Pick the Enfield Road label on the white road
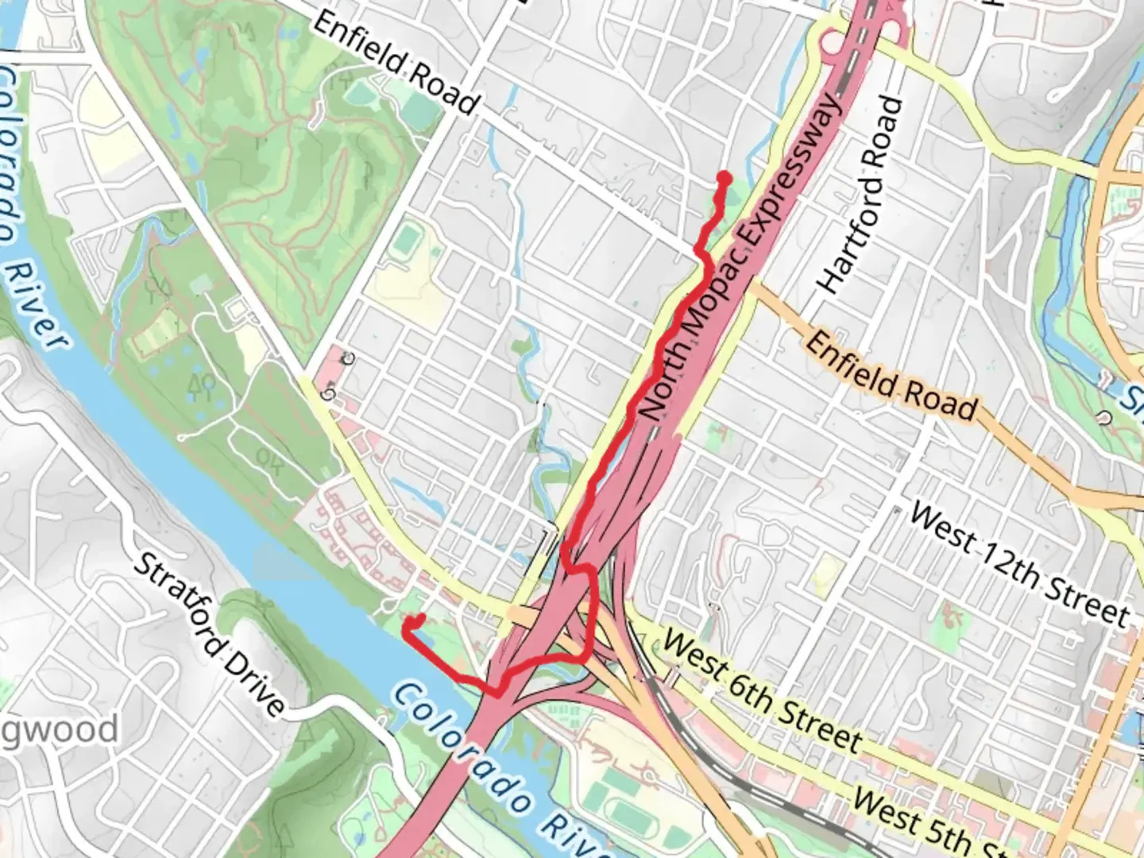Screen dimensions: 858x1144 click(x=396, y=62)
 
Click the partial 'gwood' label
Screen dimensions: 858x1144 click(x=60, y=730)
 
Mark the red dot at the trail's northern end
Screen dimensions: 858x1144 click(x=724, y=178)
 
